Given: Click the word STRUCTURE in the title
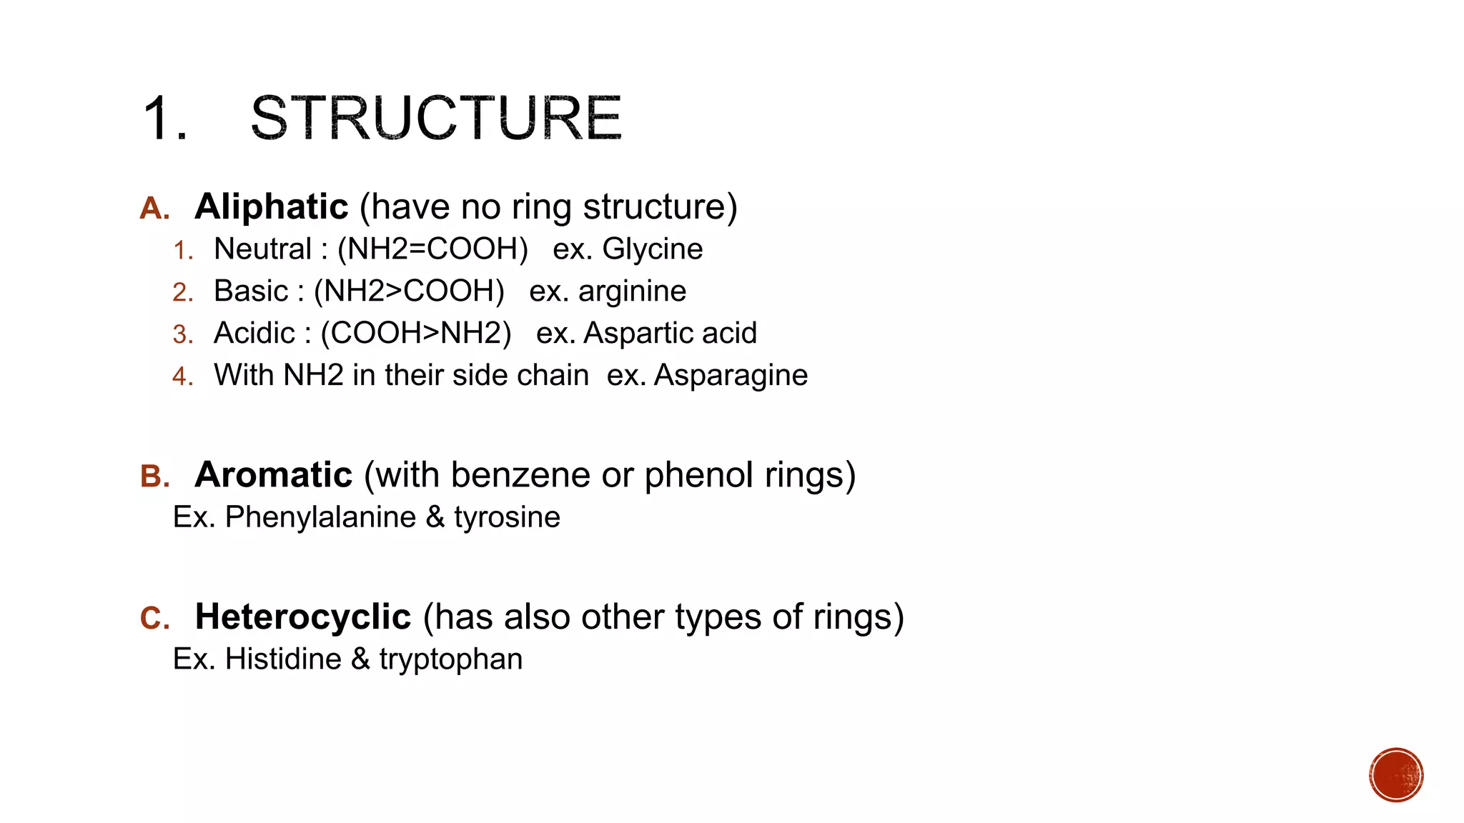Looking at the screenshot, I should [x=436, y=118].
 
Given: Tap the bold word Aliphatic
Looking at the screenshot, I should [x=272, y=207].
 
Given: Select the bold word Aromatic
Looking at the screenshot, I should [x=274, y=475].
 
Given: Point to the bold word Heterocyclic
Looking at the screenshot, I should [x=303, y=617].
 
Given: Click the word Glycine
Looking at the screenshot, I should [x=652, y=249].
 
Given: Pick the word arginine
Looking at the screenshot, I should [x=632, y=291].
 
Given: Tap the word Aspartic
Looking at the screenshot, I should [x=629, y=334].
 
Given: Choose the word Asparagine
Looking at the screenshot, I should [x=731, y=376].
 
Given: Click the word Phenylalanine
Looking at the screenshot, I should [x=320, y=517].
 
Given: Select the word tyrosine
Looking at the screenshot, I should [x=507, y=517].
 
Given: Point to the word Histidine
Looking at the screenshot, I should [x=283, y=659].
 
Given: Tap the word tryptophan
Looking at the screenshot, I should [x=451, y=659].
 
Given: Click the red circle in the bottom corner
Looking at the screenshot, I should [x=1396, y=775].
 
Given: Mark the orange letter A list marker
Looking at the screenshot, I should [x=154, y=209].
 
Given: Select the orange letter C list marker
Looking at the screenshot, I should [x=154, y=619].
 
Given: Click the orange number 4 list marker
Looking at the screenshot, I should [x=182, y=376].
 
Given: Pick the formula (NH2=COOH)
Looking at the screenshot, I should [x=432, y=249].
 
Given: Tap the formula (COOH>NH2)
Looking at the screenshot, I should [x=416, y=334].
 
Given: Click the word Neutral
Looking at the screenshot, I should [x=262, y=249].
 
